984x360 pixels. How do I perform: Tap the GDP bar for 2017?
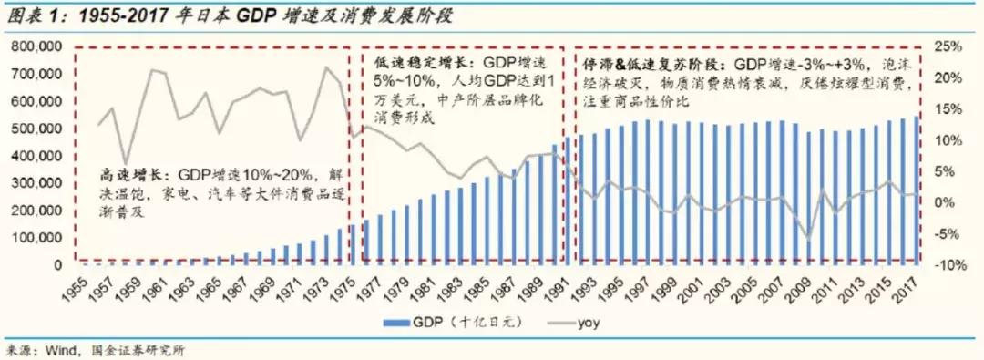click(916, 190)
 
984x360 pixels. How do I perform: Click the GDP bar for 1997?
click(647, 192)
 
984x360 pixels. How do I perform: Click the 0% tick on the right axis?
click(948, 202)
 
